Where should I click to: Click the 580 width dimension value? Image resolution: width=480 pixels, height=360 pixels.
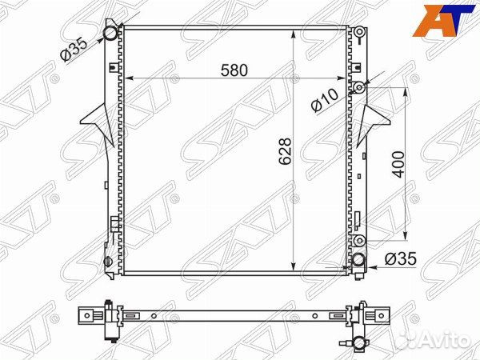pyautogui.click(x=234, y=70)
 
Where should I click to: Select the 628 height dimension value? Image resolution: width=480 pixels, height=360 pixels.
pyautogui.click(x=285, y=151)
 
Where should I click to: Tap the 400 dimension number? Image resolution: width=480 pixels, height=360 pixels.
pyautogui.click(x=398, y=164)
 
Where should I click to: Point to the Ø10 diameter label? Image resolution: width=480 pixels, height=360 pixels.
pyautogui.click(x=325, y=100)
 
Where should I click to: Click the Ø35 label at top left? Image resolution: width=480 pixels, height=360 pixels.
pyautogui.click(x=74, y=50)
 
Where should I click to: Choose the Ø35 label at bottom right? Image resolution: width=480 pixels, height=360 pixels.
pyautogui.click(x=401, y=259)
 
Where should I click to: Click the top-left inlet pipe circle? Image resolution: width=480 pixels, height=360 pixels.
pyautogui.click(x=110, y=33)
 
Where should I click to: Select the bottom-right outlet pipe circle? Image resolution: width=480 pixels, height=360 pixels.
pyautogui.click(x=358, y=261)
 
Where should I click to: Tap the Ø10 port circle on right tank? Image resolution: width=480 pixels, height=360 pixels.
pyautogui.click(x=359, y=88)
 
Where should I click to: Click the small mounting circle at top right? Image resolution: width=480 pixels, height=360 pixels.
pyautogui.click(x=360, y=31)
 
